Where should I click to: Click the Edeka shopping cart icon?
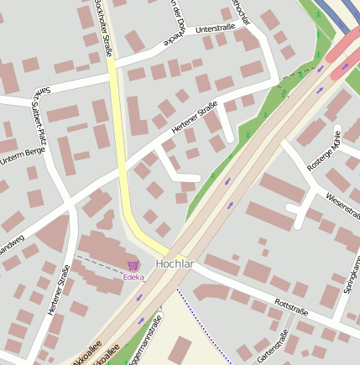pos(133,265)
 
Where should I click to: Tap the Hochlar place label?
pos(175,263)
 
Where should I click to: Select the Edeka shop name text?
pos(133,277)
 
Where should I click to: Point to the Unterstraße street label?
pos(215,29)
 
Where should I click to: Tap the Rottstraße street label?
pos(291,306)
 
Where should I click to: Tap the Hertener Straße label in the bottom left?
pos(58,289)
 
